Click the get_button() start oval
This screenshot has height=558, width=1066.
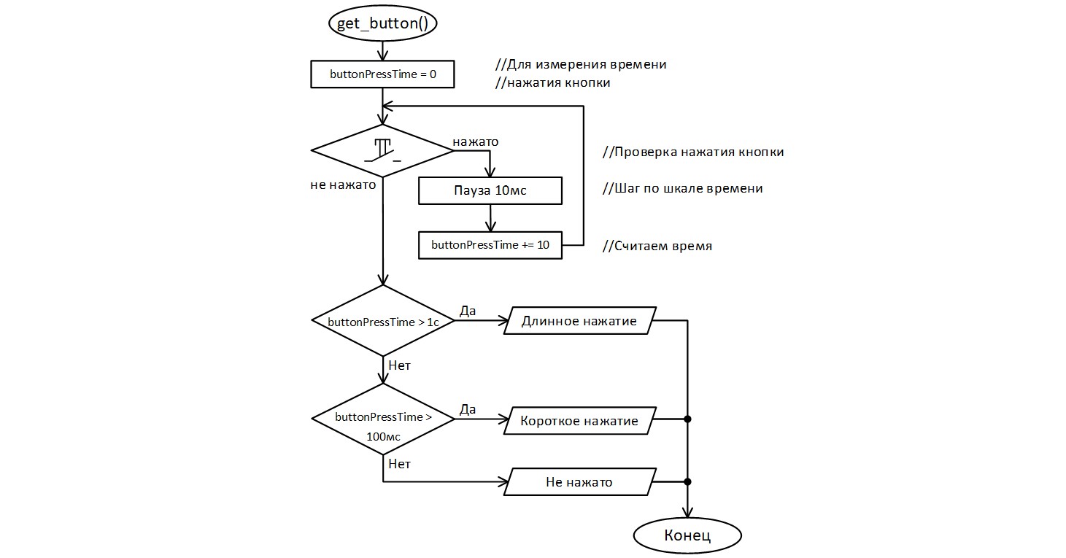[382, 23]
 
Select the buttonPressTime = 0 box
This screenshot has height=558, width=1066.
[382, 74]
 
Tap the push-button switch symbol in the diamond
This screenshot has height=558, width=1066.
[382, 150]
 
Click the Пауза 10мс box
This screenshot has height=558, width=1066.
[490, 191]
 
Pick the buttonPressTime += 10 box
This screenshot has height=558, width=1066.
[490, 245]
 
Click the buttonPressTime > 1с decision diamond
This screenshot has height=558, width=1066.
[382, 321]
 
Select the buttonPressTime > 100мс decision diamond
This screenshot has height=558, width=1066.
[382, 419]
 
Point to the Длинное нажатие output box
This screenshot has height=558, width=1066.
[579, 321]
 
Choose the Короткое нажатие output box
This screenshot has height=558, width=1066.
[579, 421]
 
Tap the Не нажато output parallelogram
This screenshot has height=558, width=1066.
[579, 482]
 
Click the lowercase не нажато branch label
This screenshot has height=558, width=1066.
[343, 185]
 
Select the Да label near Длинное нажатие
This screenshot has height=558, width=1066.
[467, 311]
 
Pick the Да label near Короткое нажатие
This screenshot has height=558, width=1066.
[467, 409]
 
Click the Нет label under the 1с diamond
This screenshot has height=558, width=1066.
[399, 365]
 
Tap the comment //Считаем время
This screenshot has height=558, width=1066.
[657, 247]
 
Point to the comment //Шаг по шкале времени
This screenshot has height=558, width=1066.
[682, 188]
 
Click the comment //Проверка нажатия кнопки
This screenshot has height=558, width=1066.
[693, 152]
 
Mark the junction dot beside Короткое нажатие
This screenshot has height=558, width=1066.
[687, 419]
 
